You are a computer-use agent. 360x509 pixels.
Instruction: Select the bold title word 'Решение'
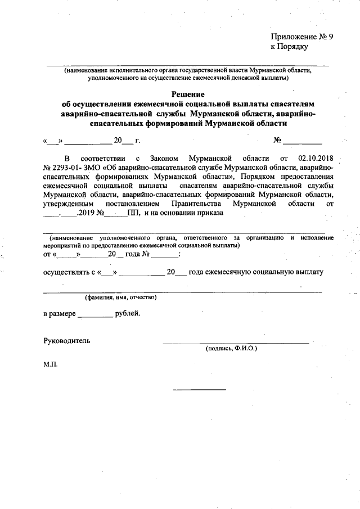click(x=188, y=94)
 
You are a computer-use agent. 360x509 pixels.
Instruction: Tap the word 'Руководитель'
click(x=66, y=340)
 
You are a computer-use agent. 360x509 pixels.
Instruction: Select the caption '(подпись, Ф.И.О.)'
click(x=231, y=349)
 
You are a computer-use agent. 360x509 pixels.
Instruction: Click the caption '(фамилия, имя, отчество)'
click(x=120, y=297)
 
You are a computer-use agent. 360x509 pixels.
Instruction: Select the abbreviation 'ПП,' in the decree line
click(x=134, y=213)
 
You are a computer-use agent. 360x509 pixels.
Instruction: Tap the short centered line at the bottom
click(x=199, y=390)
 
